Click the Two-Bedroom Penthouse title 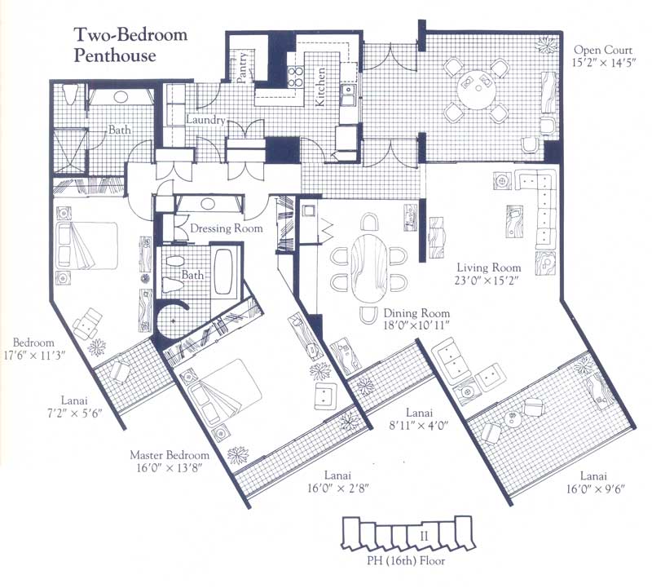coord(130,45)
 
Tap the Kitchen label coord(320,86)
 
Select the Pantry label coord(243,67)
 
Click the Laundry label coord(205,120)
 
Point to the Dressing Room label coord(227,228)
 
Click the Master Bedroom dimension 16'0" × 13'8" coord(170,467)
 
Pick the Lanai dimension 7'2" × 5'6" coord(74,413)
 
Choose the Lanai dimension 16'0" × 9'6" coord(595,489)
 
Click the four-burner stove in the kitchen coord(296,77)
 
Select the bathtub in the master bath coord(225,272)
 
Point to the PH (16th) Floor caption coord(406,561)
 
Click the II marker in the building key coord(424,537)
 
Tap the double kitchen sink coord(348,95)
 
